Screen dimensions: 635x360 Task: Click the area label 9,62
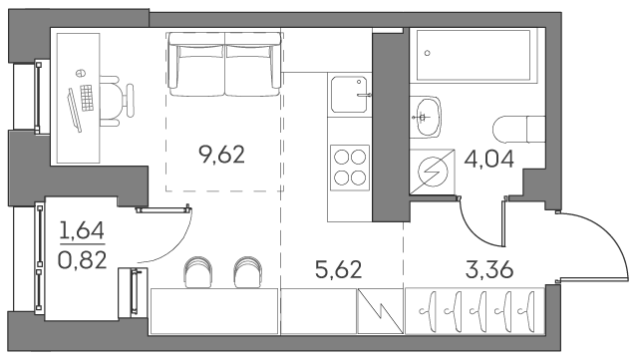221,155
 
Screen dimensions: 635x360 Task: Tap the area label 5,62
338,269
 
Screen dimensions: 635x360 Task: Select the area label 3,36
489,269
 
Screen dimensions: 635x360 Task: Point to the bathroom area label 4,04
488,159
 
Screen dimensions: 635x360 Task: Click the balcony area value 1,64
82,230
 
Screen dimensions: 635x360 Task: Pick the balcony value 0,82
82,260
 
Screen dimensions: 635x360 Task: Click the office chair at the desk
117,101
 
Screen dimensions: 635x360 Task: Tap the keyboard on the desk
87,98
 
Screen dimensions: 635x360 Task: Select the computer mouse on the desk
81,73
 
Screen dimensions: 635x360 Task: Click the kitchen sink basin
349,95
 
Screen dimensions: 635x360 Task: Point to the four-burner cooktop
350,168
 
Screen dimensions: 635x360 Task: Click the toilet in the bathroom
518,130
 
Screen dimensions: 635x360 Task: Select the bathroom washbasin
426,117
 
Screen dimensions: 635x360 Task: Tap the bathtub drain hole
427,53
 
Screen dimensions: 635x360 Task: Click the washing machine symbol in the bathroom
432,173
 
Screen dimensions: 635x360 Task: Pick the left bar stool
198,272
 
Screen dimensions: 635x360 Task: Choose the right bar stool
247,272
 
